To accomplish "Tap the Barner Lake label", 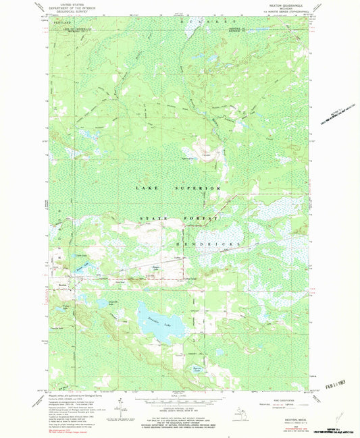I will click(197, 368).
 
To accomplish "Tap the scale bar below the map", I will click(180, 399).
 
